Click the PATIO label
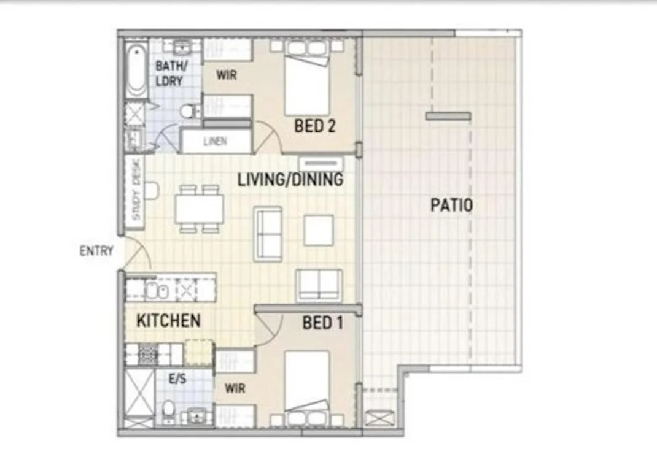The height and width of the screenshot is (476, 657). (x=451, y=205)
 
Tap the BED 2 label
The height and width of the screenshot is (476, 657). (x=314, y=126)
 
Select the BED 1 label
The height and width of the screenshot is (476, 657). (x=322, y=323)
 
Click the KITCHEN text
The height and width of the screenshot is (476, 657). (x=168, y=320)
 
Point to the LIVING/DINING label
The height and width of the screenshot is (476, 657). (x=290, y=180)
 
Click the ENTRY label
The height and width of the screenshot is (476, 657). (x=96, y=251)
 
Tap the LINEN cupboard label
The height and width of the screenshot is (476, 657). (x=215, y=142)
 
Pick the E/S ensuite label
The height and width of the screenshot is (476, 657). (x=177, y=379)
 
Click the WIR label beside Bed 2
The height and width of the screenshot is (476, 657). (x=227, y=75)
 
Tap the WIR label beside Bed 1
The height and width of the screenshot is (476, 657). (x=235, y=388)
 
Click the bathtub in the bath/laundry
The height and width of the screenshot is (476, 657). (x=136, y=69)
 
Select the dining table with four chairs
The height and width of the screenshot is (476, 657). (x=199, y=209)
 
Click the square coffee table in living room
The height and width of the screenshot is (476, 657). (x=319, y=230)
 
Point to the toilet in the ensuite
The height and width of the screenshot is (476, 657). (x=168, y=408)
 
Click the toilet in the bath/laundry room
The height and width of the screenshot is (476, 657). (x=190, y=111)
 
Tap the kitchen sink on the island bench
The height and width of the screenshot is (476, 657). (x=157, y=290)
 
